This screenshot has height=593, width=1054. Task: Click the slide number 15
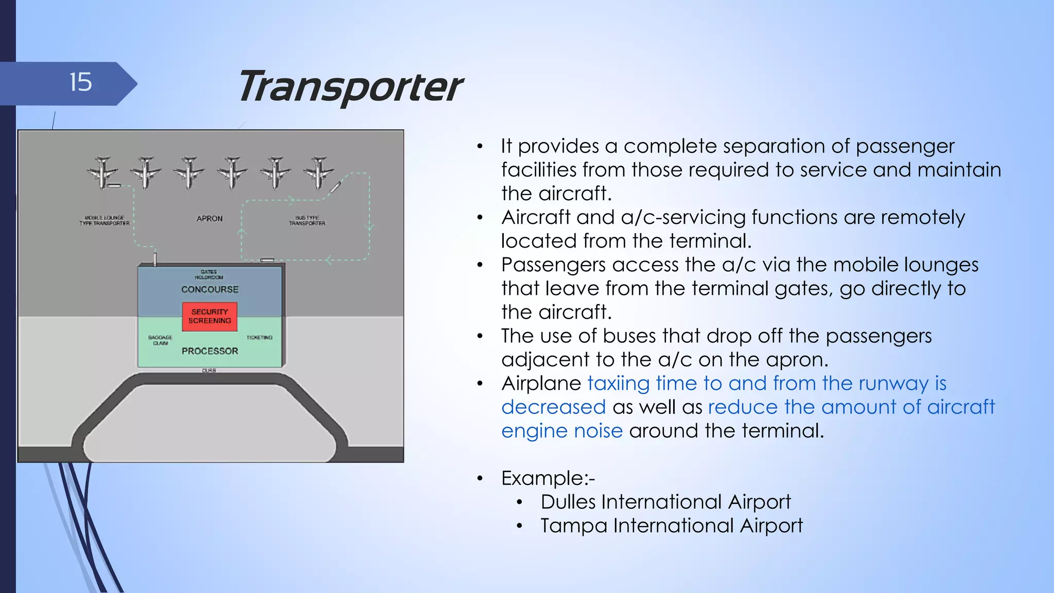pos(81,83)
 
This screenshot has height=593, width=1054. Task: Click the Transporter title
pos(349,87)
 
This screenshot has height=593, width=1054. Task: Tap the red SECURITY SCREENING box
pos(209,316)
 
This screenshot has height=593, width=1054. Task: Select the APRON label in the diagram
pos(209,218)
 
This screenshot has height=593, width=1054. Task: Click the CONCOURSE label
pos(209,289)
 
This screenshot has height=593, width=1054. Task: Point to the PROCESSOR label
pos(209,351)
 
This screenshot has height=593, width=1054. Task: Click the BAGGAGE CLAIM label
pos(160,340)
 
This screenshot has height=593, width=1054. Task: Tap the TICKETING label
pos(259,338)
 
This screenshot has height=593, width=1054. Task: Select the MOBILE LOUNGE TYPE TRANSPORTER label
pos(104,220)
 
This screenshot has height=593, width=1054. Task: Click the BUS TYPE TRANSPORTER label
pos(307,220)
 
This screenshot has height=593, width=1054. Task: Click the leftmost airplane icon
pos(102,172)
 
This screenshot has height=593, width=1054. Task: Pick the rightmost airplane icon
pos(319,172)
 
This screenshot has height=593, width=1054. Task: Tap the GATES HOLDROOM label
pos(209,274)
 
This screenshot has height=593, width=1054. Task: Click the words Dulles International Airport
pos(665,502)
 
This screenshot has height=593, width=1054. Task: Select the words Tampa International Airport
pos(671,526)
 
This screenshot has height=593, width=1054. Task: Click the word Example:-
pos(548,478)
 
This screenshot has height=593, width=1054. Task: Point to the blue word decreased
pos(553,407)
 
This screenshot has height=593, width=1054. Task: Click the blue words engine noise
pos(562,431)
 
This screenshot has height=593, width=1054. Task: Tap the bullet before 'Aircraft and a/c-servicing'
pos(480,218)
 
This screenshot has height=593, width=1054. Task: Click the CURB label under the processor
pos(209,371)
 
